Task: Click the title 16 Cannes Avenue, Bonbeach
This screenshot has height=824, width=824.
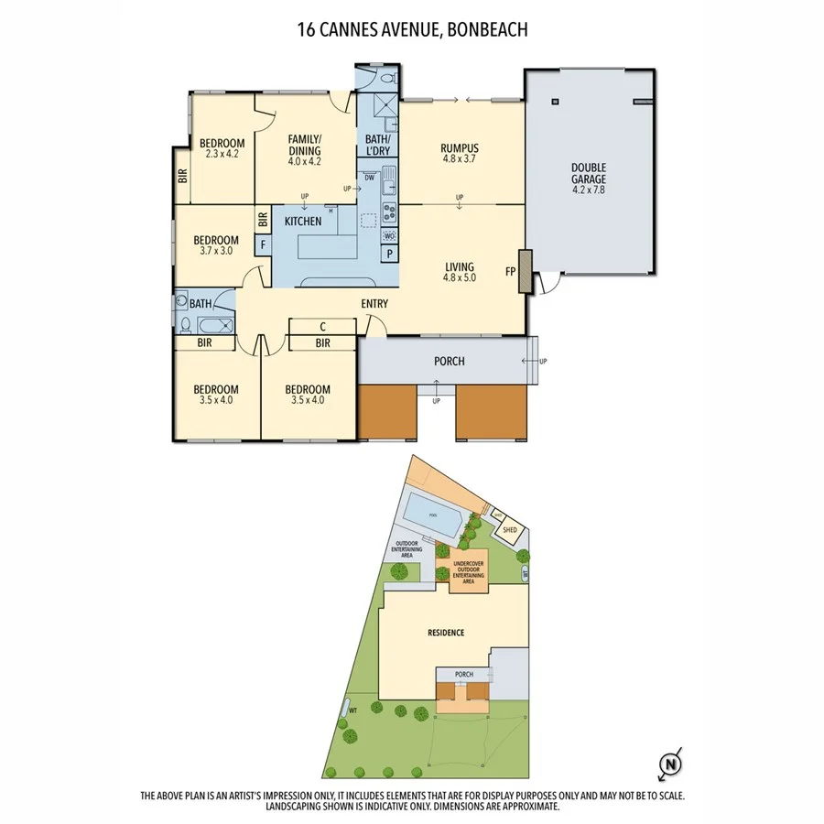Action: click(412, 29)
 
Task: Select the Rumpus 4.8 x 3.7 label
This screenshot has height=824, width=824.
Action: click(460, 154)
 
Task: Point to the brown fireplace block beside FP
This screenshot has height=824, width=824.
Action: click(524, 272)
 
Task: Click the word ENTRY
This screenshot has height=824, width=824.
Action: click(374, 304)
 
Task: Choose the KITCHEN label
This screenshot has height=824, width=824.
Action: click(303, 222)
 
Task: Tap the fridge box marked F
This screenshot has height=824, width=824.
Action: click(263, 244)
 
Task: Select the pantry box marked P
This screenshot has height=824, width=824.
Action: click(389, 254)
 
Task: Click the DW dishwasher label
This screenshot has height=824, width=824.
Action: click(369, 178)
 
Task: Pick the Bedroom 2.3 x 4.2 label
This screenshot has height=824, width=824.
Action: click(222, 147)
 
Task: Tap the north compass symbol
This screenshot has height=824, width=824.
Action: click(672, 762)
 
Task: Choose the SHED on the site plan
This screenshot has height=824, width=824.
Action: click(509, 529)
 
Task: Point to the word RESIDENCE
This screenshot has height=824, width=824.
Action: click(445, 633)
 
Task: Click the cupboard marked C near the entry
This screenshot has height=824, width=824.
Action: click(322, 326)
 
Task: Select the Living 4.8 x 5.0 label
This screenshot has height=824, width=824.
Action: click(460, 271)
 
